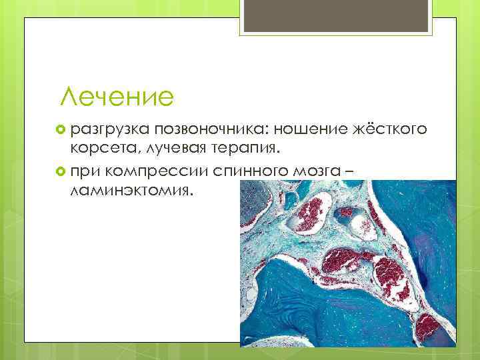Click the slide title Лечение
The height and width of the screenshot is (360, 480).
117,97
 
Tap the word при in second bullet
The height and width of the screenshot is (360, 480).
85,173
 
